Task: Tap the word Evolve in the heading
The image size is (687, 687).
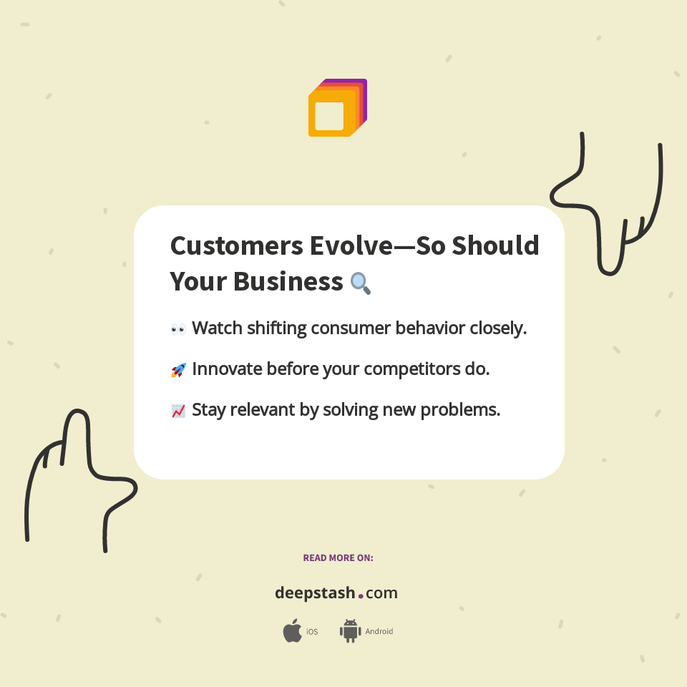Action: (x=351, y=246)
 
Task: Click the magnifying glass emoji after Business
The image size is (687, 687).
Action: (x=361, y=283)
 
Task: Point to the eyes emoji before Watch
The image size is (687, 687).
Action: (x=178, y=329)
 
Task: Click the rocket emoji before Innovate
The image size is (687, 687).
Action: (x=178, y=370)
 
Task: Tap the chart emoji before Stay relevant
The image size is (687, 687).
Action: (x=178, y=411)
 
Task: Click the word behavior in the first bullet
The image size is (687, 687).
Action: (x=429, y=328)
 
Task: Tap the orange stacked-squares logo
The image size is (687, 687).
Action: (x=337, y=108)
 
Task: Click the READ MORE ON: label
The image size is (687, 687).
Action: (x=338, y=557)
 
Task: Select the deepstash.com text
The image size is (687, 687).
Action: (x=336, y=593)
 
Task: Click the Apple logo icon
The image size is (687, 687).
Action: (x=292, y=631)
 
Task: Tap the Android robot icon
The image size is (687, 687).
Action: (x=350, y=631)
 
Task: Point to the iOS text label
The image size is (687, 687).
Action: (x=312, y=632)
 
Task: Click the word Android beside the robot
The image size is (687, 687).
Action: (x=379, y=632)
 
